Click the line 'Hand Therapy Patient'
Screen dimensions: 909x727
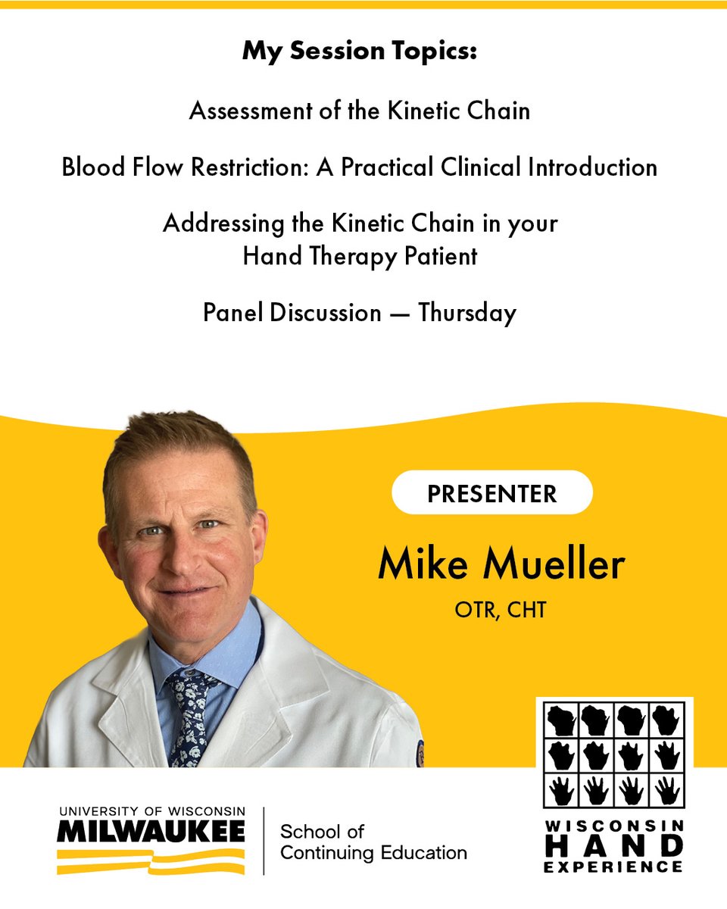(x=360, y=256)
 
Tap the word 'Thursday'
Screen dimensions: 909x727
(x=467, y=312)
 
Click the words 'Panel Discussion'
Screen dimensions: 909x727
(x=292, y=312)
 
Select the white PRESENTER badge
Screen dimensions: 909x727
(x=491, y=493)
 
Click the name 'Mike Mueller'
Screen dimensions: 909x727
(x=501, y=564)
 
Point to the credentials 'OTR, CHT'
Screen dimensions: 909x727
(x=500, y=610)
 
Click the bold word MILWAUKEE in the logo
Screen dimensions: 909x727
(x=151, y=832)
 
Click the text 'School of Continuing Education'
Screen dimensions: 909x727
(x=373, y=842)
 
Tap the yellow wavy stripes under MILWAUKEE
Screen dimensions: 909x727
(x=151, y=861)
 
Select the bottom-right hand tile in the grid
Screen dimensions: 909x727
(x=666, y=789)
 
